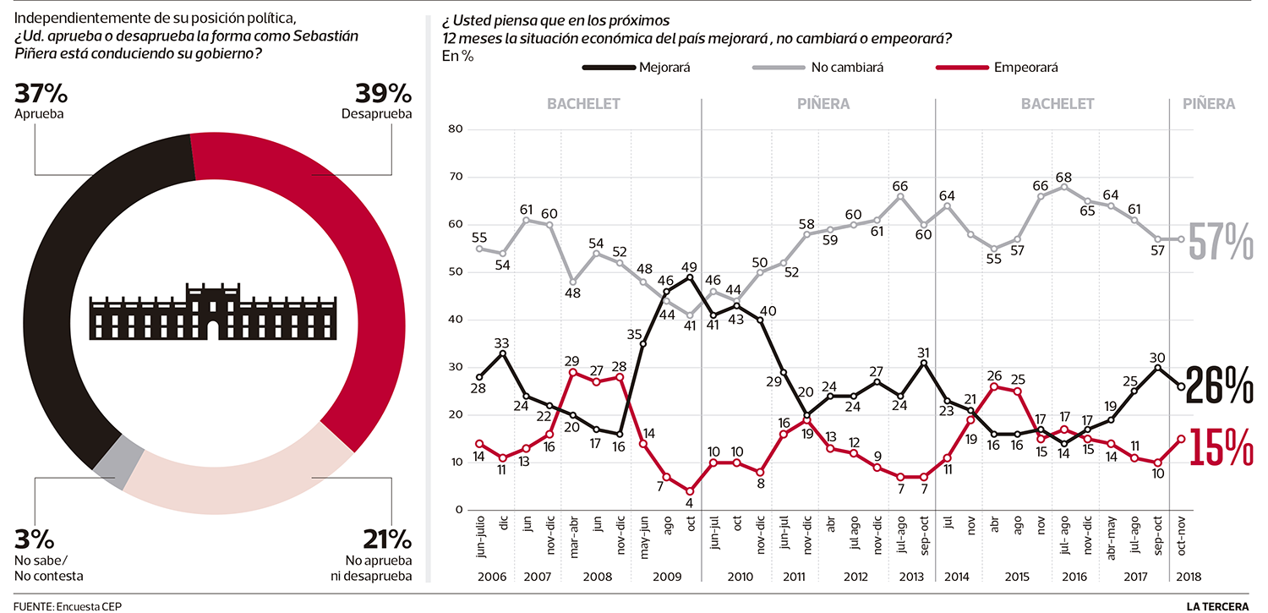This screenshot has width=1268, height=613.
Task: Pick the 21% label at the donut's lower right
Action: pyautogui.click(x=387, y=540)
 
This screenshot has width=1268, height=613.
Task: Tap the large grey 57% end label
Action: pyautogui.click(x=1220, y=243)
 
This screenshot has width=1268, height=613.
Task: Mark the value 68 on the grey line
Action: pyautogui.click(x=1063, y=178)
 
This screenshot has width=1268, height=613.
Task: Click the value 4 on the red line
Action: pyautogui.click(x=691, y=505)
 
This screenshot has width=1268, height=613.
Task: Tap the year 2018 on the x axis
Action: pyautogui.click(x=1181, y=576)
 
